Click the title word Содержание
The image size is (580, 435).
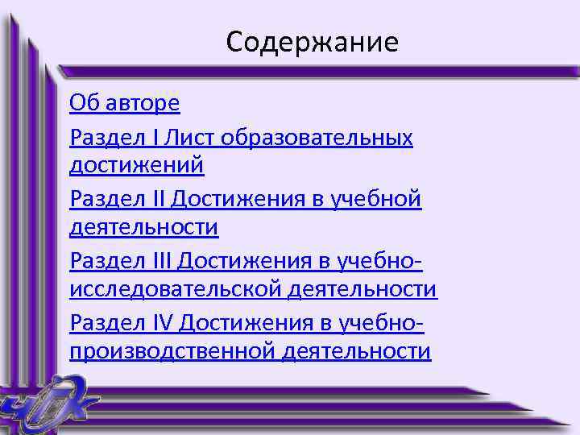point(312,42)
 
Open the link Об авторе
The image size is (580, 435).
point(125,103)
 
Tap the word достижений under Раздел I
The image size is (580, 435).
point(137,166)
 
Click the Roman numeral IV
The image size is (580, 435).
point(162,323)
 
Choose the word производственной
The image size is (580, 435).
point(172,352)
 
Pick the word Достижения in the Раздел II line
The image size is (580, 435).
point(240,199)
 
